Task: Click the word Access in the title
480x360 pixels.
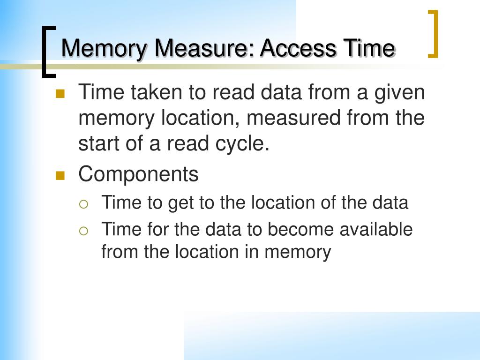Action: pyautogui.click(x=298, y=48)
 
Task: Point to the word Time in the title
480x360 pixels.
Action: pyautogui.click(x=369, y=48)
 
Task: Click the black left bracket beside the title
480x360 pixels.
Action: pyautogui.click(x=45, y=52)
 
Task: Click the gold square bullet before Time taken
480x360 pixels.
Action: pyautogui.click(x=60, y=94)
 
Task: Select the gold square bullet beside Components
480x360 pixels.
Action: pyautogui.click(x=60, y=176)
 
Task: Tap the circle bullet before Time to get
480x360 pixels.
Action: pyautogui.click(x=83, y=204)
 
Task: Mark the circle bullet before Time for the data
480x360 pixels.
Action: pyautogui.click(x=83, y=231)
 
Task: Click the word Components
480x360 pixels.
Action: pyautogui.click(x=138, y=174)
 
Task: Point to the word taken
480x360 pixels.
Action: pyautogui.click(x=157, y=92)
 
